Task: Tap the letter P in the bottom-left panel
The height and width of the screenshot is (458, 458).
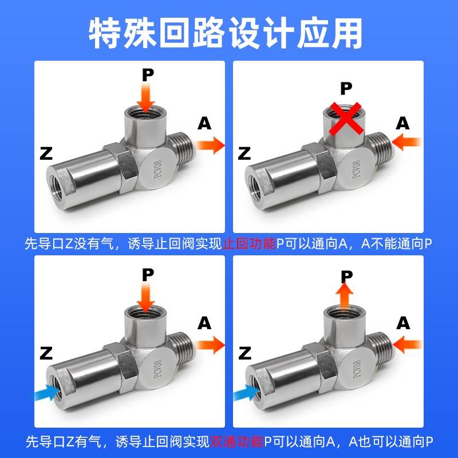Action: (148, 274)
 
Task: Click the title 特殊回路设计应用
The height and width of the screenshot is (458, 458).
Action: (229, 33)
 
